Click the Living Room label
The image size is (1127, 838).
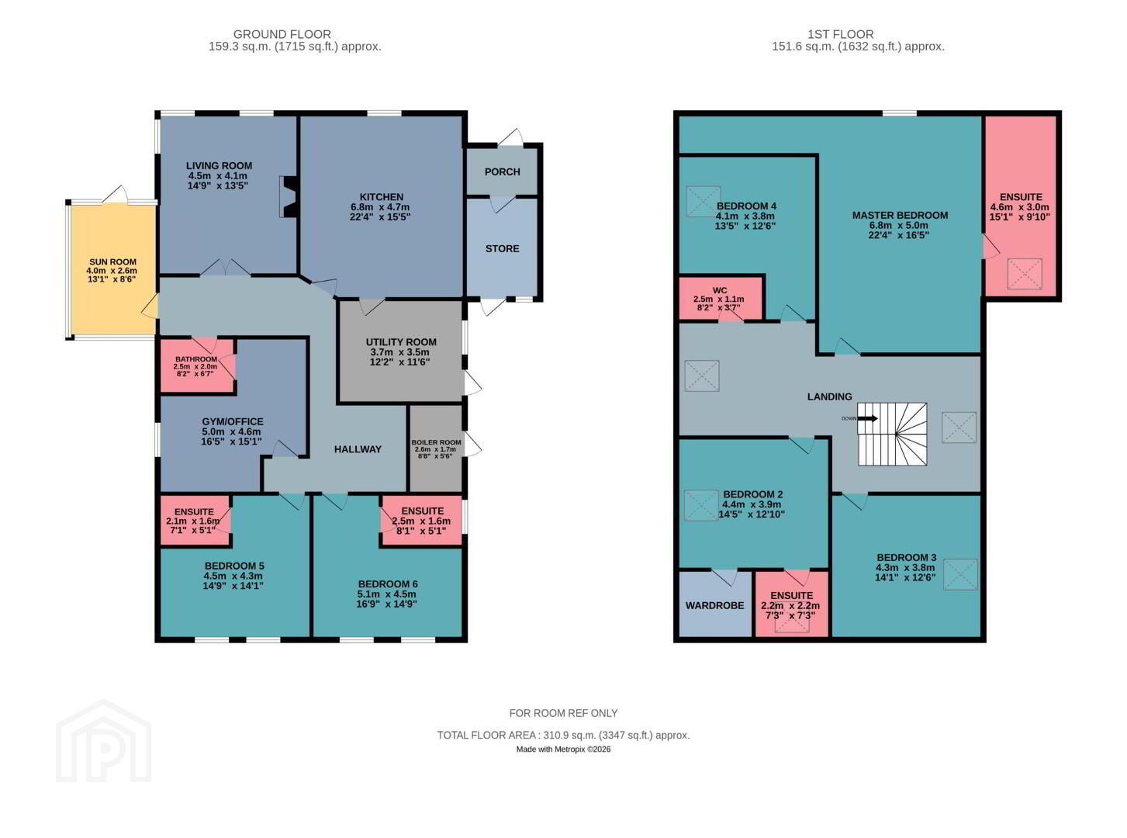219,166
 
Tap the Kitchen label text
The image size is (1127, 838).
381,197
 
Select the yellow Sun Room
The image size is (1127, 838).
112,269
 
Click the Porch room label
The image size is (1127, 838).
502,172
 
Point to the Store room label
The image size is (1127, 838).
502,248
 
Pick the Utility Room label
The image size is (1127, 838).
401,342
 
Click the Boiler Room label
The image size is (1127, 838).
436,442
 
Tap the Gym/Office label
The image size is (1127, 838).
233,421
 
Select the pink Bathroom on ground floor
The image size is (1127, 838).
198,366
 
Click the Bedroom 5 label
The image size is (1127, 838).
234,566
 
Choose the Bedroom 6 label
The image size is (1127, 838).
388,584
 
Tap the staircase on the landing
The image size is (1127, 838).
892,435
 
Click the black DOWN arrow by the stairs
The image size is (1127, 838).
867,418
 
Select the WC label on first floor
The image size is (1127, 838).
720,290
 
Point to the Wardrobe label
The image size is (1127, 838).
714,606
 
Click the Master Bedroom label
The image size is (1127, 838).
900,215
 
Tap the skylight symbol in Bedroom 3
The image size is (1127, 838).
959,575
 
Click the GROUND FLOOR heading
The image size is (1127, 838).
282,34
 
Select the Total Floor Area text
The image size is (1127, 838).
563,736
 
